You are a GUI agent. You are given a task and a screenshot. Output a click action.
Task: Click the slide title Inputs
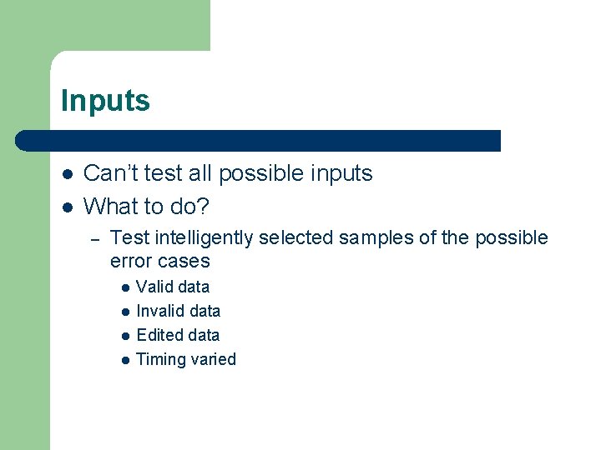[x=105, y=102]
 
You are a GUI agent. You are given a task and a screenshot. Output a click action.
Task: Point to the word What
[x=112, y=205]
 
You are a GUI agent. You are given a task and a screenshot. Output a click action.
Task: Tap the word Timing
[x=160, y=360]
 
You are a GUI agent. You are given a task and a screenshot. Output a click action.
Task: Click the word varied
[x=214, y=359]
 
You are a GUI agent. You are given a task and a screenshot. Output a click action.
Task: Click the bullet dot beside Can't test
[x=67, y=174]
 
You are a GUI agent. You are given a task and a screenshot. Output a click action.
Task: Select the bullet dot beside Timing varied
[x=124, y=360]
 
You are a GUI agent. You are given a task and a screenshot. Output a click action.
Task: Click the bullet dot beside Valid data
[x=124, y=287]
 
